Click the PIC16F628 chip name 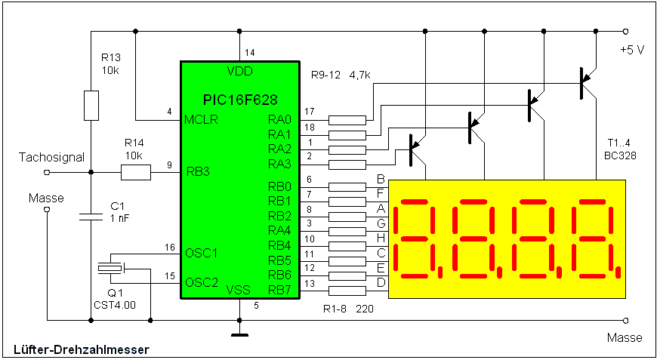(x=240, y=100)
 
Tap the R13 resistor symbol (x=91, y=106)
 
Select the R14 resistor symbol (x=136, y=173)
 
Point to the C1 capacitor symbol (x=91, y=217)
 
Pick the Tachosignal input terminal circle (x=47, y=172)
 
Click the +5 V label (x=632, y=51)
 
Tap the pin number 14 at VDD (x=250, y=53)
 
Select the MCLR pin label (x=201, y=120)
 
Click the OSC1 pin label (x=201, y=254)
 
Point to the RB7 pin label (x=279, y=290)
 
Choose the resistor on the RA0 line (x=347, y=121)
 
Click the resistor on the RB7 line (x=347, y=291)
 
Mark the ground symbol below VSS (x=239, y=334)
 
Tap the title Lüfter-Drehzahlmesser (x=82, y=349)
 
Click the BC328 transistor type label (x=620, y=155)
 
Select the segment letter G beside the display (x=381, y=223)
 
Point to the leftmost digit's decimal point (x=440, y=272)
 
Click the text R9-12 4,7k (x=341, y=75)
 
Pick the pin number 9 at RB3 (x=169, y=165)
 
